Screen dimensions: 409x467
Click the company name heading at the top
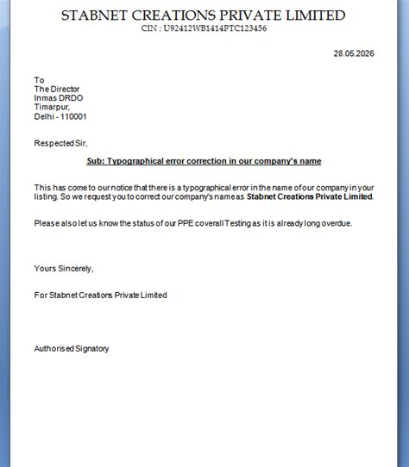pyautogui.click(x=204, y=16)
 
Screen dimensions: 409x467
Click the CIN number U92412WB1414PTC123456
pyautogui.click(x=204, y=28)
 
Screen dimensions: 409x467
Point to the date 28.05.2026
pyautogui.click(x=353, y=53)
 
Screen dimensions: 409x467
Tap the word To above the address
pyautogui.click(x=39, y=80)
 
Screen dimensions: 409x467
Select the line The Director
pyautogui.click(x=58, y=89)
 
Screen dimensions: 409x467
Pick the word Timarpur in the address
pyautogui.click(x=52, y=107)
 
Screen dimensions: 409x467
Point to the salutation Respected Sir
pyautogui.click(x=60, y=143)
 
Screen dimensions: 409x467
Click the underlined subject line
pyautogui.click(x=204, y=161)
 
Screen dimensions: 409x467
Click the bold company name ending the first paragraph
pyautogui.click(x=310, y=196)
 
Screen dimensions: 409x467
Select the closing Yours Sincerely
pyautogui.click(x=63, y=268)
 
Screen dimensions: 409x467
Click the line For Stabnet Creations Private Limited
pyautogui.click(x=100, y=295)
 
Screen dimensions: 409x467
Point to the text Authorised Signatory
pyautogui.click(x=72, y=348)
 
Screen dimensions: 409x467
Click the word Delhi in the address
pyautogui.click(x=44, y=116)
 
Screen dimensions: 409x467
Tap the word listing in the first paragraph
pyautogui.click(x=47, y=196)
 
